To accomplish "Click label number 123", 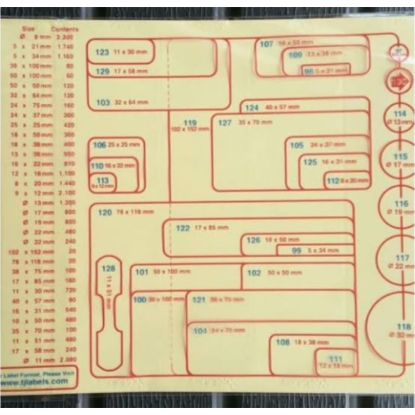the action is pyautogui.click(x=102, y=52).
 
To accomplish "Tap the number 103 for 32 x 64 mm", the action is pyautogui.click(x=103, y=103).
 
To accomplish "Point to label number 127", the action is pyautogui.click(x=225, y=123).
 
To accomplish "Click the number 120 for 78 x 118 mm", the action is pyautogui.click(x=105, y=212).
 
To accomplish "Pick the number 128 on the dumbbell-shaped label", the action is pyautogui.click(x=108, y=269).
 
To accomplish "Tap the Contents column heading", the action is pyautogui.click(x=65, y=30).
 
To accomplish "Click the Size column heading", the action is pyautogui.click(x=29, y=30).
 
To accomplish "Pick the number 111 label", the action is pyautogui.click(x=336, y=358).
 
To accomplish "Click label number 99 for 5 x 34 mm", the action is pyautogui.click(x=297, y=251).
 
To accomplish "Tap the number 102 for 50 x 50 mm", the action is pyautogui.click(x=254, y=273).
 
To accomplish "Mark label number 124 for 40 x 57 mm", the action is pyautogui.click(x=252, y=108).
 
